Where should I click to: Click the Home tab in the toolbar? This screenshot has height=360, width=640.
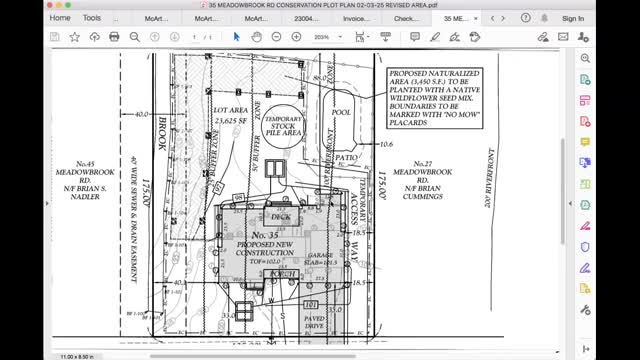60,18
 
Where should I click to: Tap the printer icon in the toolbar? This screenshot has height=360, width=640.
115,37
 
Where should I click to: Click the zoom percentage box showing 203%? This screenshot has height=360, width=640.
323,37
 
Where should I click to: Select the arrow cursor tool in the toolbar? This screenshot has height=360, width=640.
237,37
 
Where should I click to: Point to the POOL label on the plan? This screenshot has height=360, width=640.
342,113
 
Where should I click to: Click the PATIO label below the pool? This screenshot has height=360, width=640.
347,158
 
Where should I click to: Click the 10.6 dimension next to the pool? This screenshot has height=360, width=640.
386,144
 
